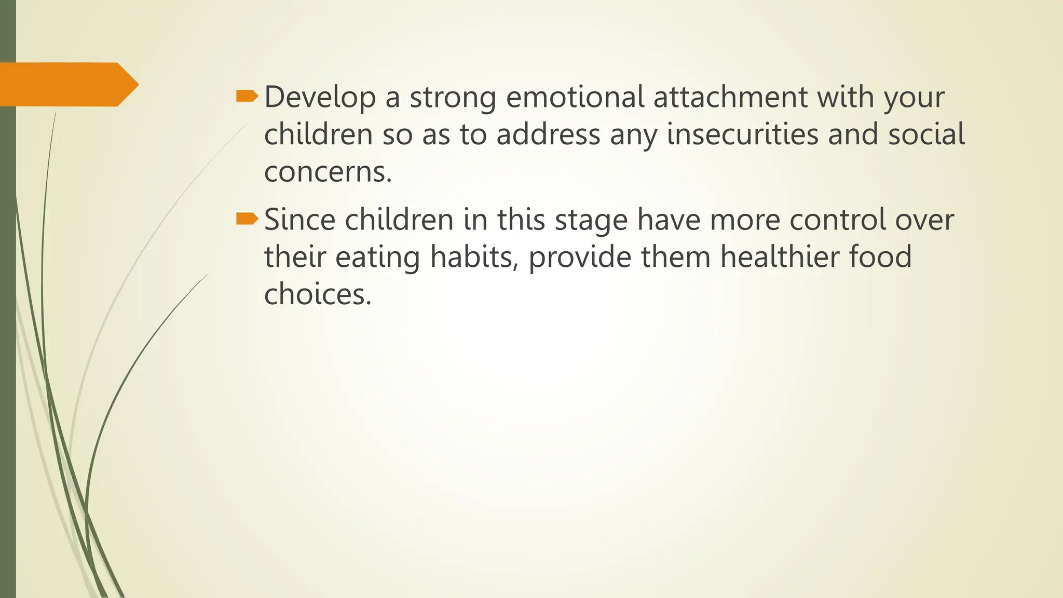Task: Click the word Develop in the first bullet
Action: coord(320,98)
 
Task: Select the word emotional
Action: coord(575,97)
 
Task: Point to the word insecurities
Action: coord(742,134)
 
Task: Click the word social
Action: coord(926,134)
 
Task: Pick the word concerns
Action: coord(328,172)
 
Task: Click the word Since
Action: coord(299,220)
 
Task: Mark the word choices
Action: coord(318,294)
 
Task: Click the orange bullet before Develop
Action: coord(247,96)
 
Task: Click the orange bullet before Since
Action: coord(247,219)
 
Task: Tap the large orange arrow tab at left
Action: coord(67,85)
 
